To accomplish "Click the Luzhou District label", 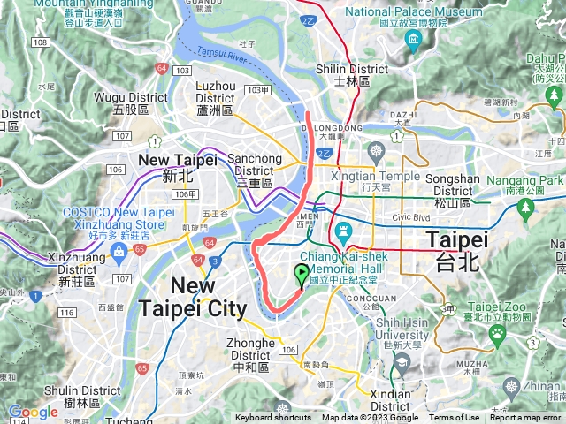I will point(215,98).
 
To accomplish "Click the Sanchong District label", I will point(256,164).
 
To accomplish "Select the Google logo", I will point(33,412).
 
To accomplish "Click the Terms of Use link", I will point(454,418).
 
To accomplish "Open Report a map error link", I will point(525,418).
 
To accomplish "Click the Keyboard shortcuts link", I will point(273,418).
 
